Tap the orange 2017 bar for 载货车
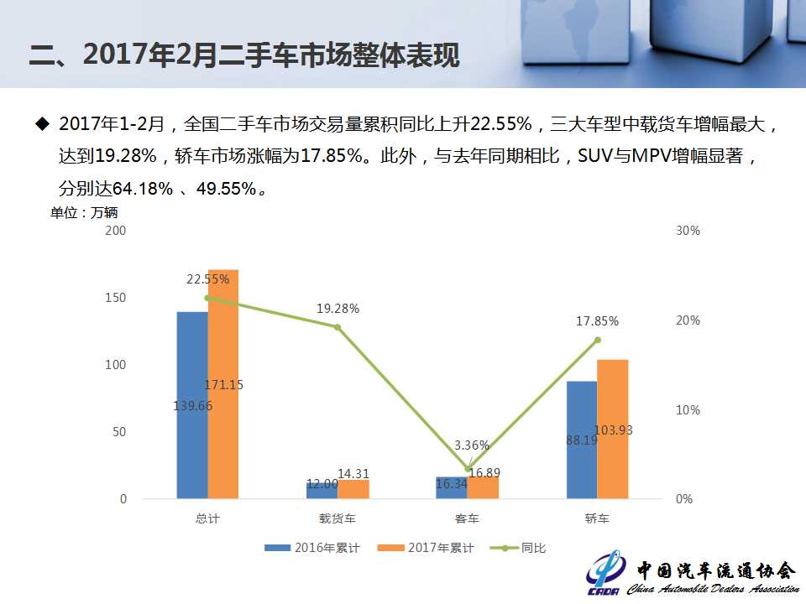[353, 489]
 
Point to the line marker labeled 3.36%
[468, 468]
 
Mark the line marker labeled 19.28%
[338, 326]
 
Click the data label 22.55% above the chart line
[207, 279]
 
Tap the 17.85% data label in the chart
[598, 320]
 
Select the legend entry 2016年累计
[312, 548]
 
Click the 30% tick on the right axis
[688, 230]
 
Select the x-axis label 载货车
[338, 519]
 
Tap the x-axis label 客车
[468, 519]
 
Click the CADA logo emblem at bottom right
[605, 572]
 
